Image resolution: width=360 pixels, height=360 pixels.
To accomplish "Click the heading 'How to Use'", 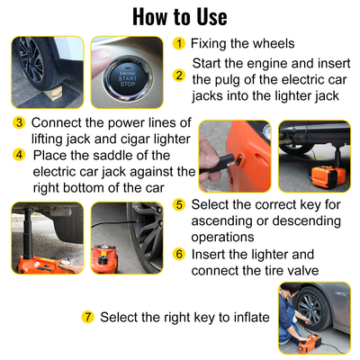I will (x=180, y=16).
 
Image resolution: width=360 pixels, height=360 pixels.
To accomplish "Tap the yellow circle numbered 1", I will (x=180, y=43).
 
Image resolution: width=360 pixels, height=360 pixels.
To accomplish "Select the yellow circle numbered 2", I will (x=180, y=76).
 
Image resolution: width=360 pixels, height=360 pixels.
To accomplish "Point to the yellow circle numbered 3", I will (x=19, y=123).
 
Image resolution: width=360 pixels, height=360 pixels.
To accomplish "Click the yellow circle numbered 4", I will (x=19, y=155).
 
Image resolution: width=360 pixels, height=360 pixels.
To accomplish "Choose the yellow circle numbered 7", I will (x=87, y=317).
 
